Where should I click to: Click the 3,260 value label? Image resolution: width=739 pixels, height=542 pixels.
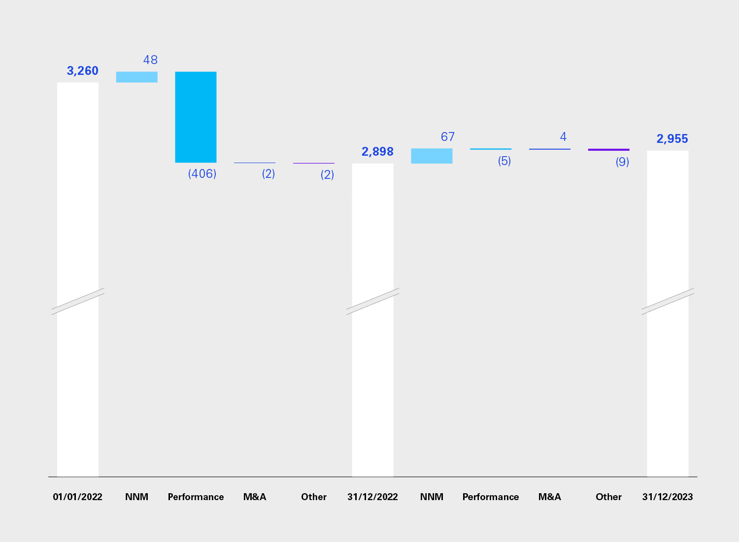pos(83,71)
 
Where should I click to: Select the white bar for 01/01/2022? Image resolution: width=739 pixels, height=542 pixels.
pos(78,197)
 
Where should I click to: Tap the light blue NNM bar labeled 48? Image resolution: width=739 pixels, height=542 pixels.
pos(137,77)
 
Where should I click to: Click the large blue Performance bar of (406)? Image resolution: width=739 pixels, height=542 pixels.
pos(196,117)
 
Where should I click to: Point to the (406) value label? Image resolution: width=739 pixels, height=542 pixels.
pos(202,173)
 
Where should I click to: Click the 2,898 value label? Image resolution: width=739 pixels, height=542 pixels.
pos(377,152)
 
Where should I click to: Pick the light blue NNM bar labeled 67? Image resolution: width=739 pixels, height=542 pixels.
pos(432,156)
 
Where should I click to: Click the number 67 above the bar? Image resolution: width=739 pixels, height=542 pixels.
pos(447,136)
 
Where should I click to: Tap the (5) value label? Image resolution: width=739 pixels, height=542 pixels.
pos(504,161)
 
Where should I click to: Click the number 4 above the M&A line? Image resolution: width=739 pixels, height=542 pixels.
pos(563,136)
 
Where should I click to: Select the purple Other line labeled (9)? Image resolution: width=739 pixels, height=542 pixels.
pos(608,149)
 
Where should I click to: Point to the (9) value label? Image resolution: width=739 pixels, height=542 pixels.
pos(622,162)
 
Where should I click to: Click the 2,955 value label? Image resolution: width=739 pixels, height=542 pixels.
pos(672,139)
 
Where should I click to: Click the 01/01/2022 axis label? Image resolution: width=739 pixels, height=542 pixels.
pos(78,497)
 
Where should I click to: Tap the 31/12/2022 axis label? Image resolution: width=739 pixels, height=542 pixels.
pos(373,497)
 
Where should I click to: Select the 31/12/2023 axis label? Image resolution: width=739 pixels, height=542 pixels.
pos(668,497)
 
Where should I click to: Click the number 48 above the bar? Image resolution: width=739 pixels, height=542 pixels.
pos(150,60)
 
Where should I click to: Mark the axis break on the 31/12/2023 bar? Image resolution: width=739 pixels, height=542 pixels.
pos(668,301)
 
